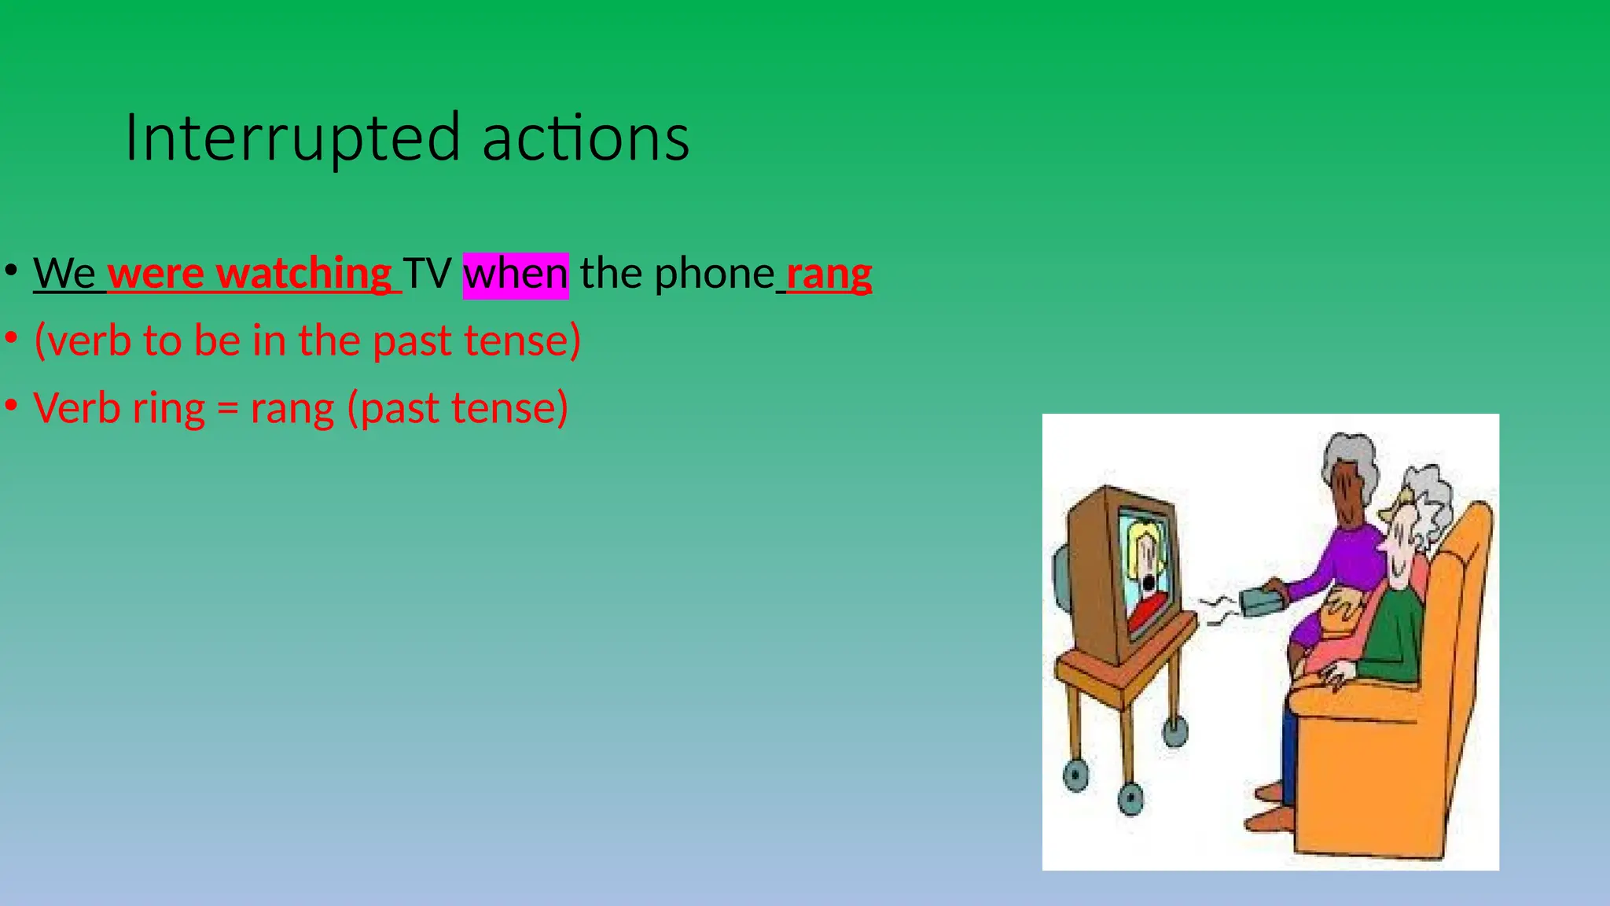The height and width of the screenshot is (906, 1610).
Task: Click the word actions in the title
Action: pos(586,138)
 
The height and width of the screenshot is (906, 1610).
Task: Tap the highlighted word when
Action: pos(515,274)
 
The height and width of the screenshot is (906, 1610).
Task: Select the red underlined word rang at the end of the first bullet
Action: pos(829,274)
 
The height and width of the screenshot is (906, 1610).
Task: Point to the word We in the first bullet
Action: pos(64,274)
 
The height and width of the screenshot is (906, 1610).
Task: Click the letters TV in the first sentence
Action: pos(427,274)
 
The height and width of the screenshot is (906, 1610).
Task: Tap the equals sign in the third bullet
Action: pos(227,409)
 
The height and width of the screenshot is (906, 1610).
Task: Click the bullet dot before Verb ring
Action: pos(11,406)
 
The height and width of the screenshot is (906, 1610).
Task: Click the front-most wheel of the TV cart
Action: pos(1130,799)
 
